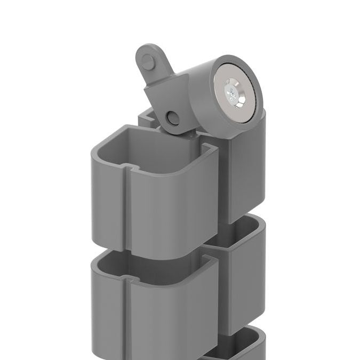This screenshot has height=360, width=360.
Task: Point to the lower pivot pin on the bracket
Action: [172, 117]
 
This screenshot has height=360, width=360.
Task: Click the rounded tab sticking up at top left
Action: [150, 60]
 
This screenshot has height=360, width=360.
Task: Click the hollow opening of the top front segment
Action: [155, 147]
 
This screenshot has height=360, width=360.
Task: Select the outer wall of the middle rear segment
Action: [240, 288]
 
